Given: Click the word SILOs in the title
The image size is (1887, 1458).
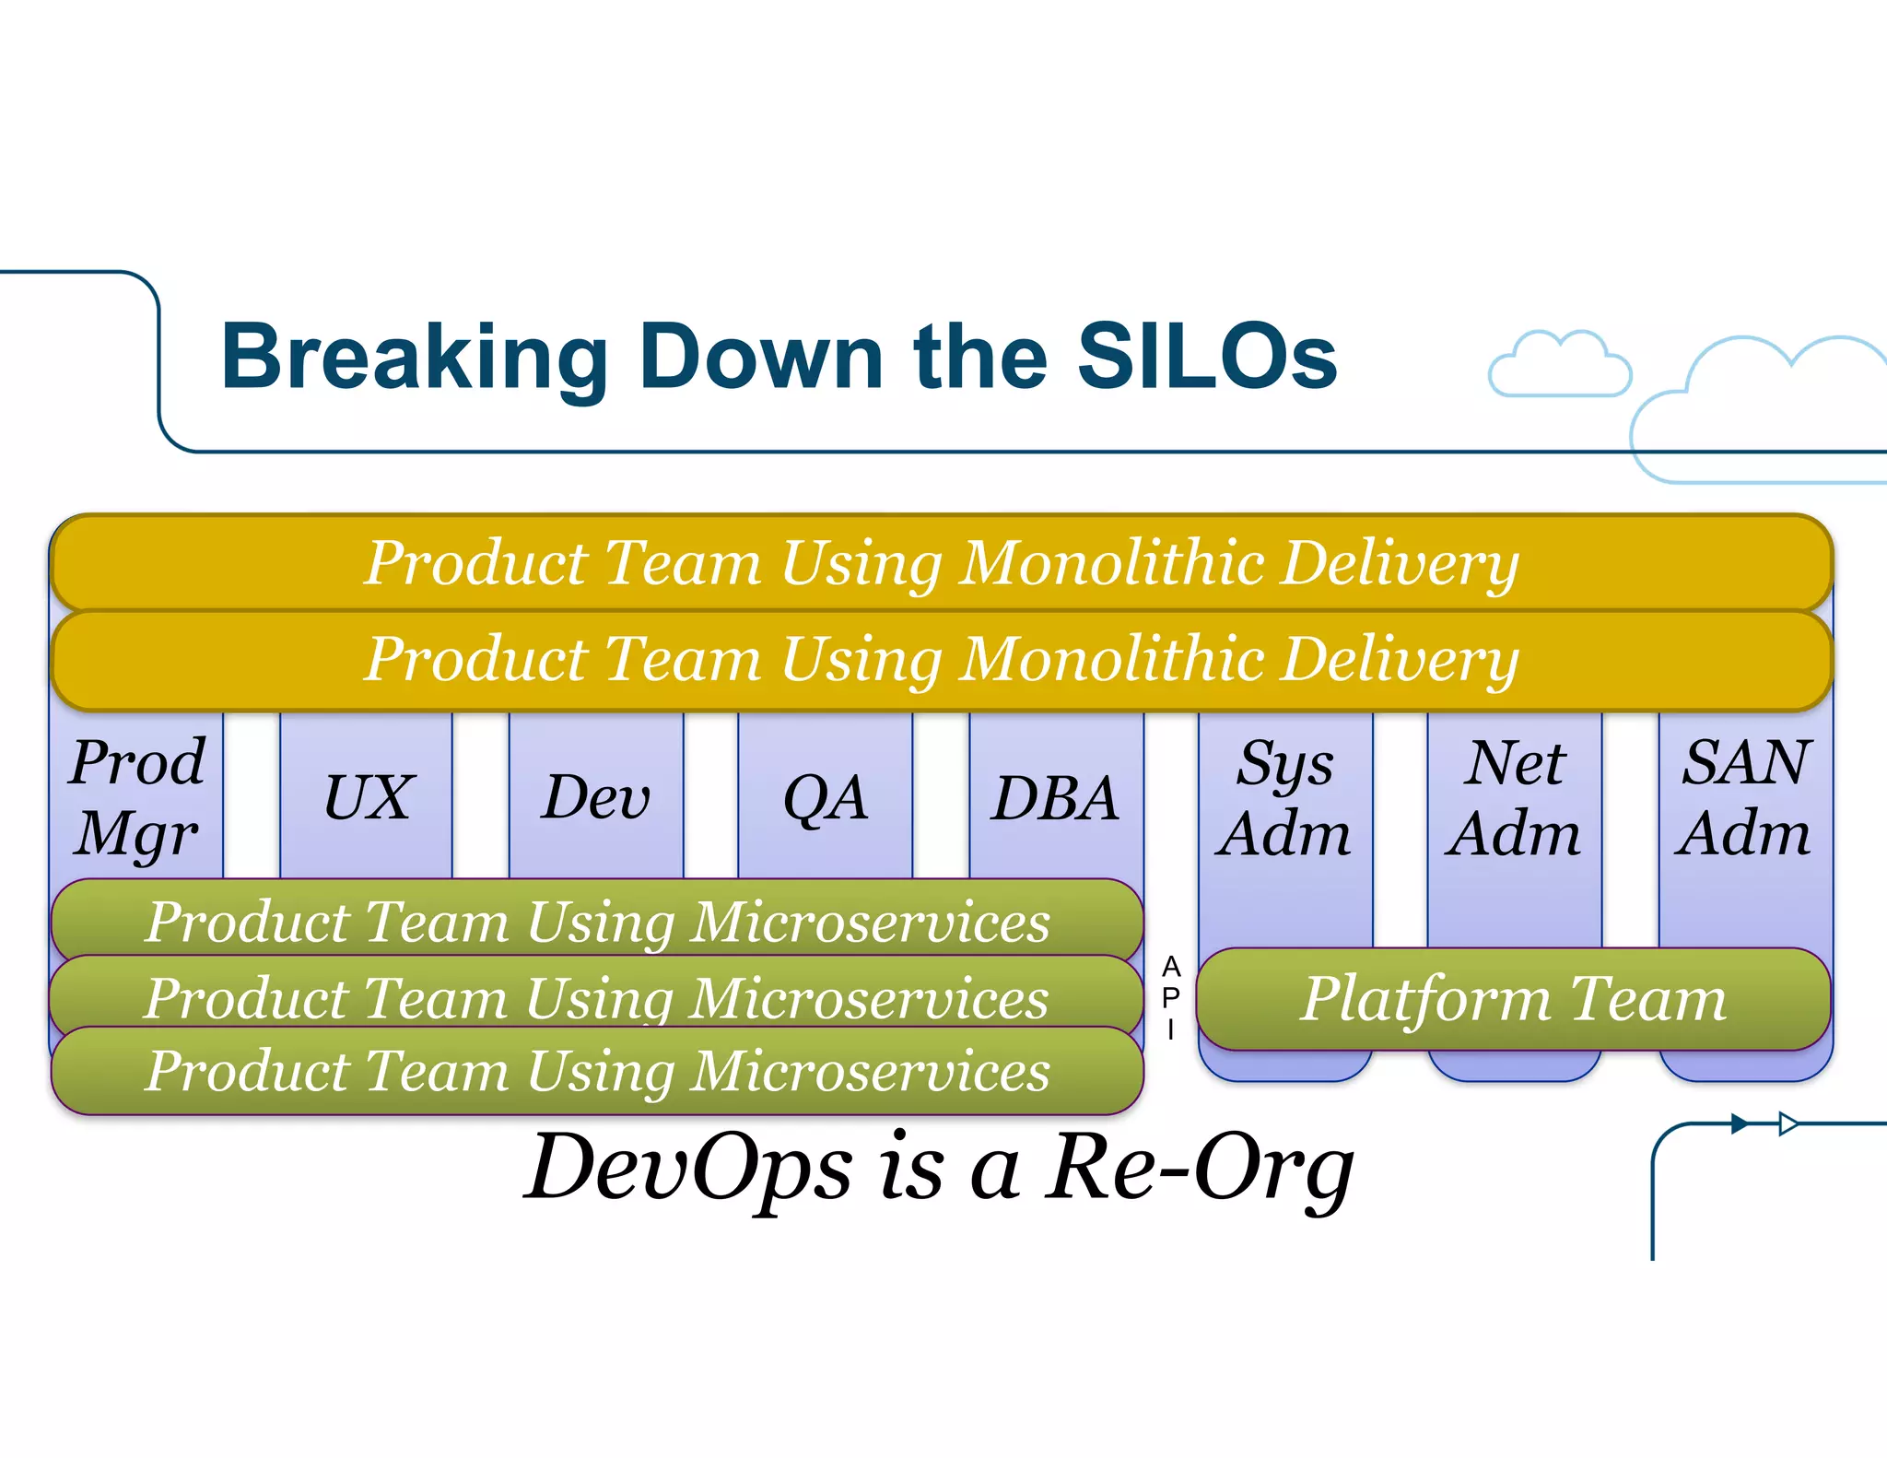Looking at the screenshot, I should [x=1207, y=357].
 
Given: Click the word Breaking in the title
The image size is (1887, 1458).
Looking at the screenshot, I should [x=414, y=359].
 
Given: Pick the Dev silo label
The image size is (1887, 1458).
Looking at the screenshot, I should [x=596, y=797].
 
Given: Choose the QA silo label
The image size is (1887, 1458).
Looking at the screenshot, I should [x=825, y=797].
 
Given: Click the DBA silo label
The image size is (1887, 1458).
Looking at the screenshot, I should [x=1055, y=797].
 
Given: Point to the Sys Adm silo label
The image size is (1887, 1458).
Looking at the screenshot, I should [x=1283, y=797].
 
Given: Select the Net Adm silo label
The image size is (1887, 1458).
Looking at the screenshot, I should [x=1514, y=797].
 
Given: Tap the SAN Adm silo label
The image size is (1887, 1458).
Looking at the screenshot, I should [x=1744, y=797].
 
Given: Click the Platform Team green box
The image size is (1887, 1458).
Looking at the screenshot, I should [x=1513, y=999].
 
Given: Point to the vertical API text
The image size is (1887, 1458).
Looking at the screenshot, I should [x=1170, y=997].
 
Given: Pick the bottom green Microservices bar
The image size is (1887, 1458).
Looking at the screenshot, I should [x=597, y=1072].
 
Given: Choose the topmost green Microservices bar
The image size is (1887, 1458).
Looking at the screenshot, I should [x=597, y=920].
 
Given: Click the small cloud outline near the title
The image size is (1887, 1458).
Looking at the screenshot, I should [x=1559, y=365].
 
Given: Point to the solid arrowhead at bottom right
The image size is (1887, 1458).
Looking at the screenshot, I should [x=1740, y=1123].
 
